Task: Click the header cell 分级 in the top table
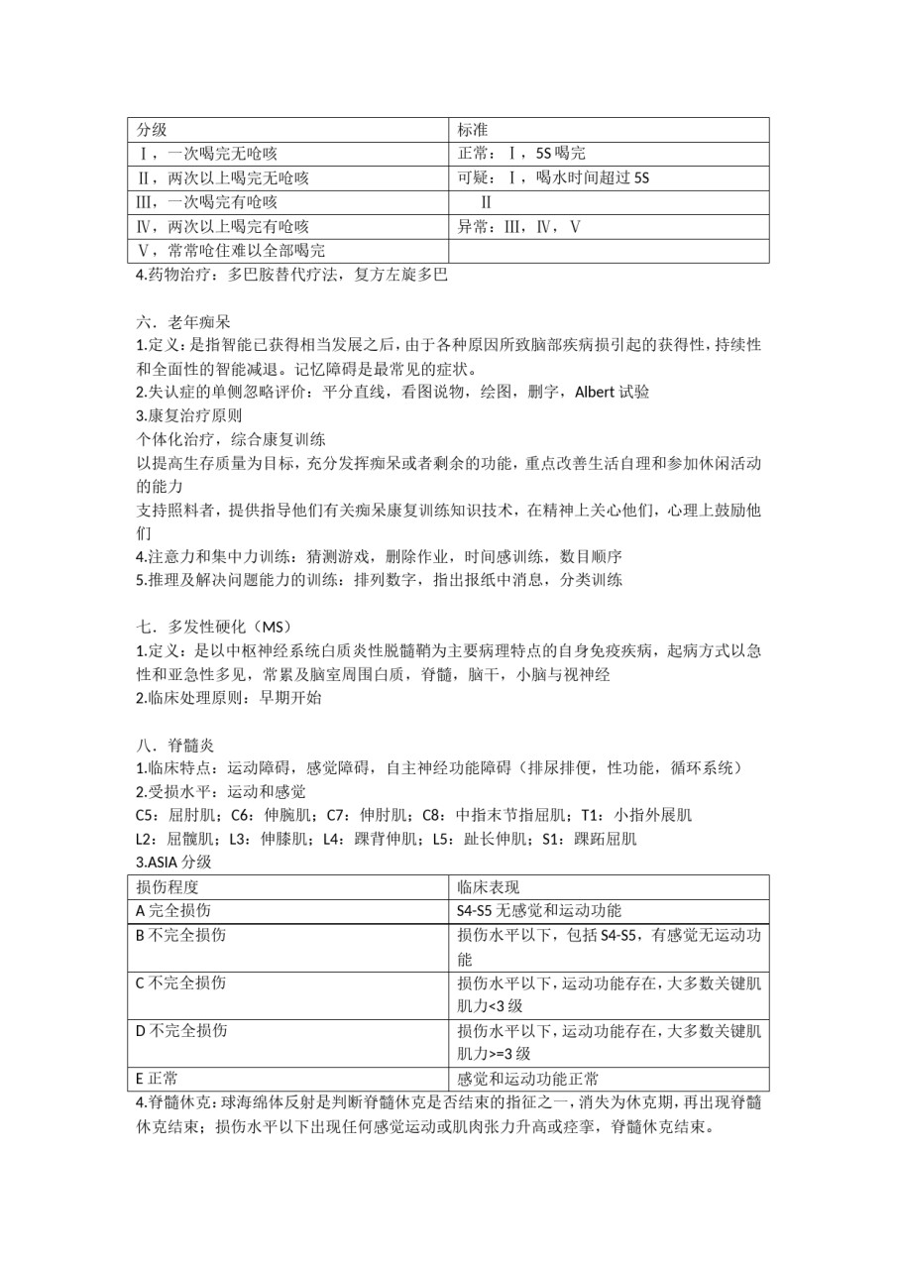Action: click(152, 130)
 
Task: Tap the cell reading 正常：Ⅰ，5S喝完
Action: click(521, 154)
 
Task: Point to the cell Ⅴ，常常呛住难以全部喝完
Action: click(232, 250)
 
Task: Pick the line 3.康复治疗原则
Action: click(188, 415)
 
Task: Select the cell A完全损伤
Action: click(172, 910)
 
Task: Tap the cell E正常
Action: click(157, 1078)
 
